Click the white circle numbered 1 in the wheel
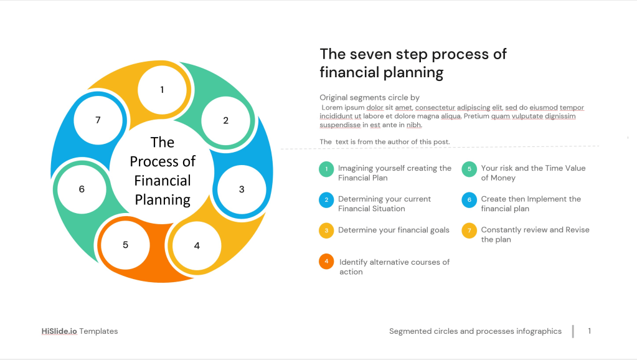162,90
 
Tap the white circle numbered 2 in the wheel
226,121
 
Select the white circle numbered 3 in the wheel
242,189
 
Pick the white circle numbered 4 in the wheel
197,246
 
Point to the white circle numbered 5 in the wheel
126,245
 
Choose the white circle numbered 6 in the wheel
82,189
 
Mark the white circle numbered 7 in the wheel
98,120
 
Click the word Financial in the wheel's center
163,181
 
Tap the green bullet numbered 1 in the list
326,169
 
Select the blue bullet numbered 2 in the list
326,200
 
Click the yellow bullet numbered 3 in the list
326,231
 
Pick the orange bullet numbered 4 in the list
326,262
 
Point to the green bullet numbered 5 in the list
469,169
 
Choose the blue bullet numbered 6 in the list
469,200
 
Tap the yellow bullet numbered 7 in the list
469,231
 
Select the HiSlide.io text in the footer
59,331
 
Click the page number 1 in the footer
590,331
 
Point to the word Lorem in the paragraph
333,108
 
